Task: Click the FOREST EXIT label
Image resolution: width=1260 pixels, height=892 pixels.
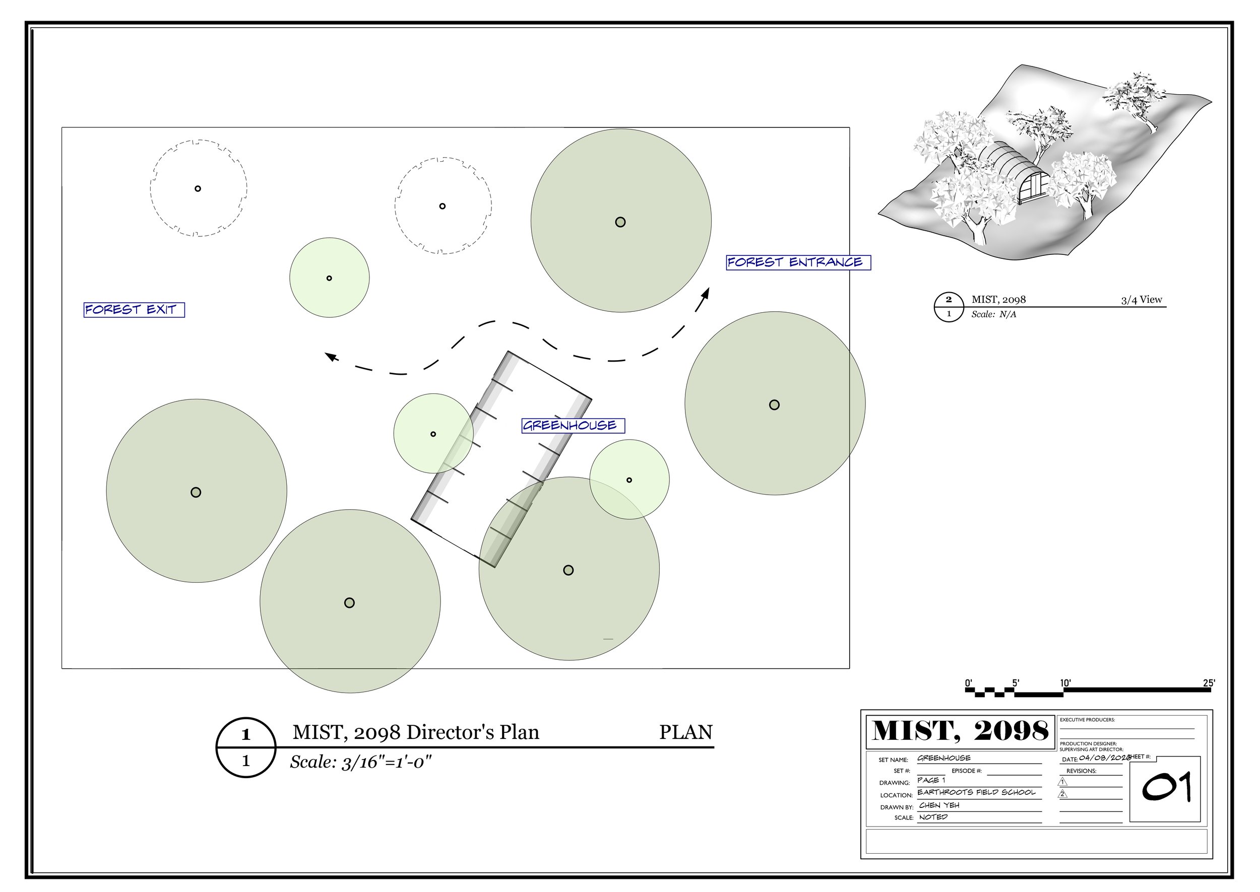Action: (134, 310)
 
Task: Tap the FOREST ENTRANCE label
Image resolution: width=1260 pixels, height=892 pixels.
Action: (798, 262)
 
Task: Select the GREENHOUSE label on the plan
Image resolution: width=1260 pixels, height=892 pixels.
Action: (573, 426)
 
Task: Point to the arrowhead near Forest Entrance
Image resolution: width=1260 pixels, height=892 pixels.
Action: (705, 294)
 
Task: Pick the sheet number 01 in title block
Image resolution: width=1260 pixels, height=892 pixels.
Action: (1167, 788)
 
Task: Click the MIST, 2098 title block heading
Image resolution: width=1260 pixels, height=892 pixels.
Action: (961, 731)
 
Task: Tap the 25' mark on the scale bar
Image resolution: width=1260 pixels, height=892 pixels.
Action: (1209, 683)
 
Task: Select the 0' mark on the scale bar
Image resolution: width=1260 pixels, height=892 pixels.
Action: (969, 683)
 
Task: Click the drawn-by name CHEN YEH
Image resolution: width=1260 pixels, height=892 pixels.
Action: (939, 805)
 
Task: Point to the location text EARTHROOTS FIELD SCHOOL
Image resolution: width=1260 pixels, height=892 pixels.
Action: (976, 792)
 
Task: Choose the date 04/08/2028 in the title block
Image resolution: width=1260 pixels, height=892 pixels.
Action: (1104, 758)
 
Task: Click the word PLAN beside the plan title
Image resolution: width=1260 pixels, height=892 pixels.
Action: (686, 732)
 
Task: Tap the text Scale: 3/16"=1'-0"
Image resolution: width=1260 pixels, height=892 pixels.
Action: (361, 763)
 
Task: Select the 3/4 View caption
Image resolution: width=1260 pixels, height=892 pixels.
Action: (1142, 299)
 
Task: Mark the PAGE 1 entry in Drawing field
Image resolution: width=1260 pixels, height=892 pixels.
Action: (931, 780)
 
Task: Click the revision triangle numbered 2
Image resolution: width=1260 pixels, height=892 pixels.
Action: (1063, 794)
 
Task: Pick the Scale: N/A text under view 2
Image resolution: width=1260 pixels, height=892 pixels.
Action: (993, 315)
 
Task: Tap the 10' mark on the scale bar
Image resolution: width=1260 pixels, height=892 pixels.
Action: (1065, 683)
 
